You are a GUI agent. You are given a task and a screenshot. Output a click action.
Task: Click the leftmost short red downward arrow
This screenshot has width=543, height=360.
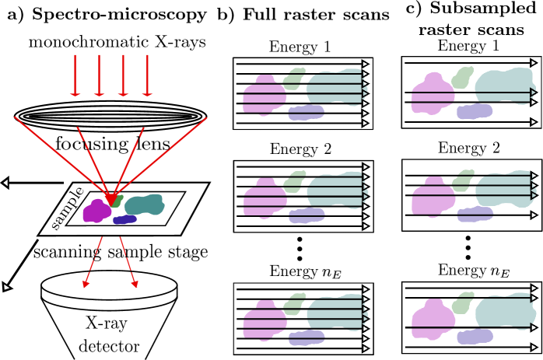tap(75, 75)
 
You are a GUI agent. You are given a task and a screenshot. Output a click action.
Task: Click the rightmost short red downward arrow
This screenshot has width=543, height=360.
tap(148, 75)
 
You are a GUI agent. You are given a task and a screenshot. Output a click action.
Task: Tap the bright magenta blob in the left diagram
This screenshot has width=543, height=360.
tap(96, 211)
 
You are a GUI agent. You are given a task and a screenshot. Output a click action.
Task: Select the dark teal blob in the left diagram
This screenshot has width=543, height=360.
tap(145, 205)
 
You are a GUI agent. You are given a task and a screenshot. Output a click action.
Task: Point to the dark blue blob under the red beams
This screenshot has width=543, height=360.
tap(124, 220)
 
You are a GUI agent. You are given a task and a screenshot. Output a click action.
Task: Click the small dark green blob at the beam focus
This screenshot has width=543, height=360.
tap(117, 201)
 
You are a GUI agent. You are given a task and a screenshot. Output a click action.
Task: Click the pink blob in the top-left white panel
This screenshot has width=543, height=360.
tap(264, 96)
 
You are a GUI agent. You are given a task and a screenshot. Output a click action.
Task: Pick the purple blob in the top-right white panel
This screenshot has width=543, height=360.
tap(474, 111)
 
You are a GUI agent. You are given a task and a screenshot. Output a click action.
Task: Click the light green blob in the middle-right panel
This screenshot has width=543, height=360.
tap(464, 180)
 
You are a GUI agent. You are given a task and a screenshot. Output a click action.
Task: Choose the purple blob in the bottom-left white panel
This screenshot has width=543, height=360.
tap(306, 337)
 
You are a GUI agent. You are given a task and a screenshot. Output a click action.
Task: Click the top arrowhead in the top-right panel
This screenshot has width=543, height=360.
tap(534, 63)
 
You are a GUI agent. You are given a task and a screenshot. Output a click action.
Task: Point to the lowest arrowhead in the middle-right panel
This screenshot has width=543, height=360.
tap(534, 215)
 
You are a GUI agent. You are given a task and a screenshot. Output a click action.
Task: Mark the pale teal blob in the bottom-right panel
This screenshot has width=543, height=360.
tap(506, 312)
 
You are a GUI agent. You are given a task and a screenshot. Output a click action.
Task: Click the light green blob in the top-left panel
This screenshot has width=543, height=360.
tap(294, 79)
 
